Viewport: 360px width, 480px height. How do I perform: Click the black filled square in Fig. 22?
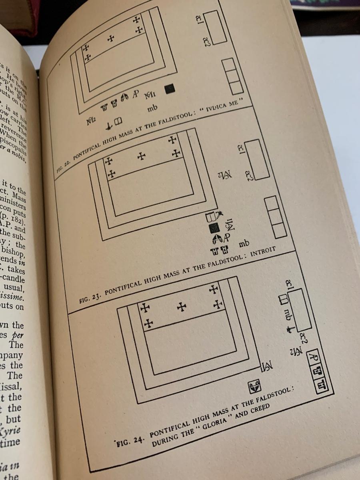[170, 88]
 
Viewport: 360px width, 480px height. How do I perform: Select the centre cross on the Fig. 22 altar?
[111, 38]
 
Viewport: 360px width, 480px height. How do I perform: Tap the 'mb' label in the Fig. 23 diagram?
[244, 243]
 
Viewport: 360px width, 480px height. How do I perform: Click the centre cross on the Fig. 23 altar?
[141, 156]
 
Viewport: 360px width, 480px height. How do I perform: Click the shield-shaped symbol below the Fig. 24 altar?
[254, 386]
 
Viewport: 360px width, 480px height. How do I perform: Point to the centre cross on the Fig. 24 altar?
[182, 307]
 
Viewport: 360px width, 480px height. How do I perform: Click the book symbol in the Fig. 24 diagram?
[283, 299]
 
